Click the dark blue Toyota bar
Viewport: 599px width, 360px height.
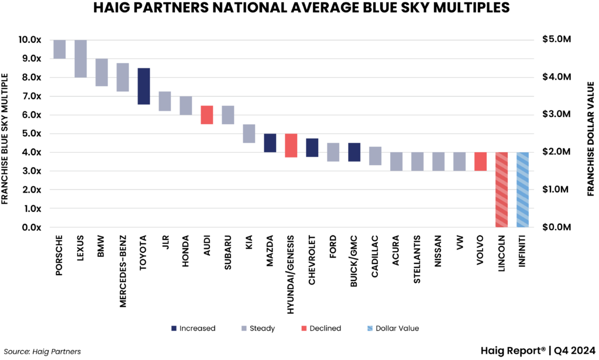[x=144, y=86]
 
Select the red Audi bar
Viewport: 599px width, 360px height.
[x=207, y=115]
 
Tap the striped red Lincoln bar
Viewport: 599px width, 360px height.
[x=502, y=190]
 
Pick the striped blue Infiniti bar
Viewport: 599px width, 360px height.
[x=523, y=190]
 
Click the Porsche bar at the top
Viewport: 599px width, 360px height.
[x=60, y=49]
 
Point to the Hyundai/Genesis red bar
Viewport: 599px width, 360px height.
[x=291, y=145]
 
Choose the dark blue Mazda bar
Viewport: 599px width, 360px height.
[x=270, y=143]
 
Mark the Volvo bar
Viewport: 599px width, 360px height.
[x=481, y=162]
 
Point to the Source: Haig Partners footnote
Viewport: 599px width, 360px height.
[x=42, y=351]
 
